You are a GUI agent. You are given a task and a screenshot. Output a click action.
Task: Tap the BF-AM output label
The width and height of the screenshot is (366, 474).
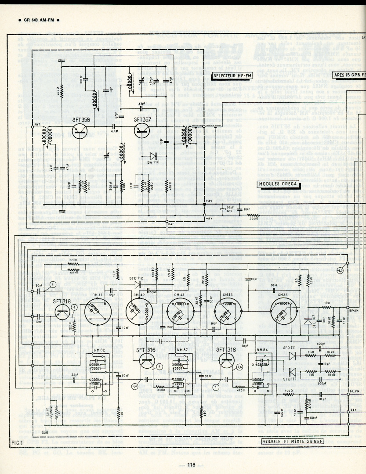(x=354, y=310)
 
